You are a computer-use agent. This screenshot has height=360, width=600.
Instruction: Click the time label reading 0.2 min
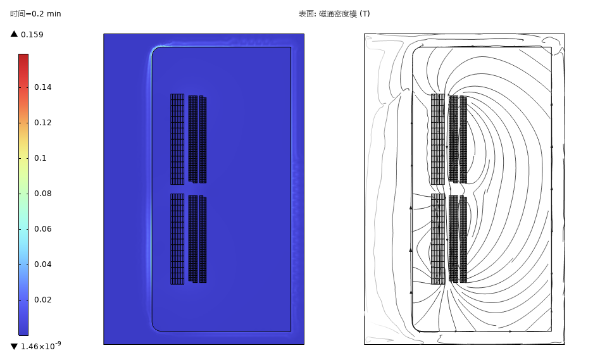(x=35, y=14)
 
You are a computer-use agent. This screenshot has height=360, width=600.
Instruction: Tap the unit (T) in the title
(x=365, y=14)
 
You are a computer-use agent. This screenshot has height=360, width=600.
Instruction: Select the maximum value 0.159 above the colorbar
(x=32, y=34)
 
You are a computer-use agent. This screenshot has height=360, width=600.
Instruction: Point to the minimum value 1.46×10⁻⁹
(x=41, y=345)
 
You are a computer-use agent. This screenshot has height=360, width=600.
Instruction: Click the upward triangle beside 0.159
(x=14, y=34)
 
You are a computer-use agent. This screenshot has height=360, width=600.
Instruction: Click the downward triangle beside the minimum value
(x=14, y=346)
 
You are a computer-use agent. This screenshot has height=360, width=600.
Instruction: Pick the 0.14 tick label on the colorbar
(x=42, y=87)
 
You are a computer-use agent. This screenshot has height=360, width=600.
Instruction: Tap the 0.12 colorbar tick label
(x=42, y=123)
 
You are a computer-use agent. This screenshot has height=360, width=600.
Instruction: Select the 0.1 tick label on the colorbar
(x=40, y=158)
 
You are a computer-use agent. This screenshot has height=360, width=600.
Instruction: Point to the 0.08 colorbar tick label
(x=42, y=194)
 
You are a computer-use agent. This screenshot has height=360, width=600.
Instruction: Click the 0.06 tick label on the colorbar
(x=42, y=229)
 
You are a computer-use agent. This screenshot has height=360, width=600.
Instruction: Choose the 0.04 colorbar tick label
(x=42, y=264)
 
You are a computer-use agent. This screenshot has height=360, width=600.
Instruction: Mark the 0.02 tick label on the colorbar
(x=42, y=300)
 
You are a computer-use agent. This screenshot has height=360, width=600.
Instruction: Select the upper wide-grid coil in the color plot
(x=177, y=139)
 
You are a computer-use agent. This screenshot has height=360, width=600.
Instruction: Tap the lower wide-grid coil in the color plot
(x=177, y=239)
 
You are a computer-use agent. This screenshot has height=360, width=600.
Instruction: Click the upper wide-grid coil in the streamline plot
(x=438, y=139)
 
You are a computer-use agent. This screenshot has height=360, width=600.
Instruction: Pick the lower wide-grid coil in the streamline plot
(x=438, y=239)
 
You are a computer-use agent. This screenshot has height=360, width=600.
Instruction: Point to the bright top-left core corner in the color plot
(x=156, y=49)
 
